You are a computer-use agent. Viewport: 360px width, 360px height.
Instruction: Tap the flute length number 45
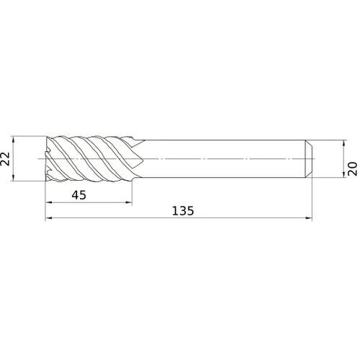pyautogui.click(x=81, y=194)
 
